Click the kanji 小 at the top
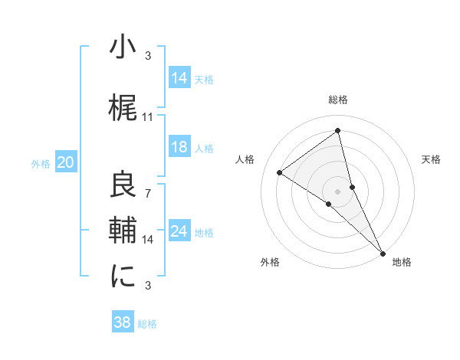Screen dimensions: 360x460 click(123, 47)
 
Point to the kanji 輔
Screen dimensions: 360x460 click(123, 231)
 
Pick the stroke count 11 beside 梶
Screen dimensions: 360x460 click(148, 117)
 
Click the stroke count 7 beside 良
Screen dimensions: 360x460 click(148, 194)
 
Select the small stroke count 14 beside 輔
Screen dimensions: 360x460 click(148, 240)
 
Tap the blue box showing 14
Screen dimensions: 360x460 click(179, 77)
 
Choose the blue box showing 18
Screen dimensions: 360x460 click(179, 147)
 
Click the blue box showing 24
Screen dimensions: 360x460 click(179, 231)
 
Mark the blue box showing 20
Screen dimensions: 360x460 click(66, 162)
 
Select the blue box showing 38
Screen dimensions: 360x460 click(123, 322)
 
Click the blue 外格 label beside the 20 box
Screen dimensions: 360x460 click(41, 163)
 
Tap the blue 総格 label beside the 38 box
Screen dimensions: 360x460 click(148, 324)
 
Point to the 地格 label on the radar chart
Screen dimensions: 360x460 click(401, 262)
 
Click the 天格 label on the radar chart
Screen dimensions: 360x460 click(431, 159)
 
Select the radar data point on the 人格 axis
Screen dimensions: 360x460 click(280, 173)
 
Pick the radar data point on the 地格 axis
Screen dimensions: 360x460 click(382, 254)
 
